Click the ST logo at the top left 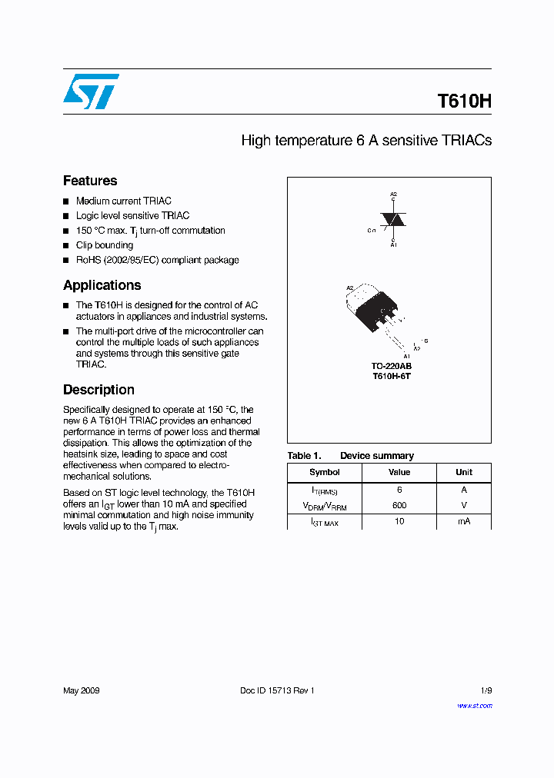91,91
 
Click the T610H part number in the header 464,101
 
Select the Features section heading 90,181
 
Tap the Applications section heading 102,285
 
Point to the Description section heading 98,390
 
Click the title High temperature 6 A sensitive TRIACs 366,141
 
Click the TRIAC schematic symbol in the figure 393,220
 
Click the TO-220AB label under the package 391,367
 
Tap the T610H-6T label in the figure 391,377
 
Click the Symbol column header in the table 325,472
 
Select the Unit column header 464,472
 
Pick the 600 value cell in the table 399,506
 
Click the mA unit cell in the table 464,521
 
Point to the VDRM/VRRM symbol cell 325,506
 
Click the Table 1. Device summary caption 350,456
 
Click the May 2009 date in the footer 81,690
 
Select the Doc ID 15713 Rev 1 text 277,690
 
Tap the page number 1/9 485,690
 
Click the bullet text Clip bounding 105,245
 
